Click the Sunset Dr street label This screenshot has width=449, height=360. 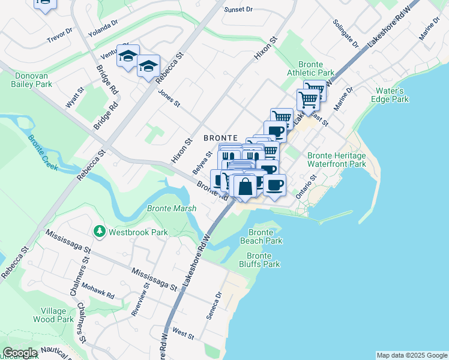(239, 10)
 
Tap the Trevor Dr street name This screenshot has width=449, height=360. (59, 36)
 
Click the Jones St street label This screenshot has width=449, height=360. (169, 98)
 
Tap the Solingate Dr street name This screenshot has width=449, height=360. (346, 35)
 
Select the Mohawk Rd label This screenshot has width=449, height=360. (98, 292)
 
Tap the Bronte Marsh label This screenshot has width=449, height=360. (171, 209)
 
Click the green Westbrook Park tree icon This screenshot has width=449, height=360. (97, 231)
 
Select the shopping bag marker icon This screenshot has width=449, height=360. (246, 187)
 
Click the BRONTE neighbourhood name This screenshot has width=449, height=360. (221, 137)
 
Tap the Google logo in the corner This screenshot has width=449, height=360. (19, 352)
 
